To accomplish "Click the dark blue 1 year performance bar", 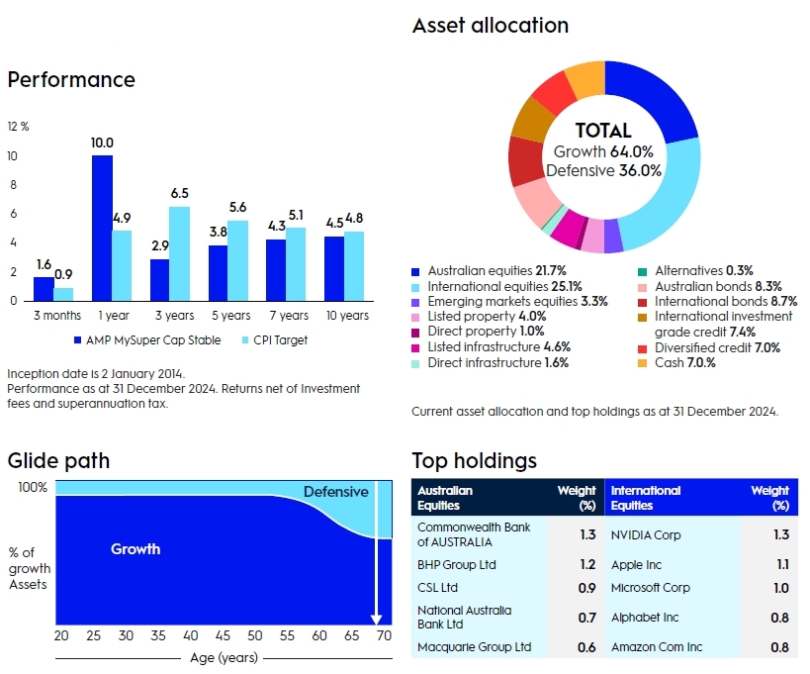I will pyautogui.click(x=102, y=228).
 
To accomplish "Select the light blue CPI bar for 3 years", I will pyautogui.click(x=178, y=252).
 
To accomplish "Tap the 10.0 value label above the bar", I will pyautogui.click(x=102, y=143).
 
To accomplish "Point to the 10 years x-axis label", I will pyautogui.click(x=346, y=316).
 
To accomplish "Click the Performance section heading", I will pyautogui.click(x=71, y=80).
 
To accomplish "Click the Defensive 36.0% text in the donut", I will pyautogui.click(x=603, y=170).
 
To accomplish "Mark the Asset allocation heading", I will pyautogui.click(x=491, y=26).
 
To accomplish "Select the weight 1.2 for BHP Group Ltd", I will pyautogui.click(x=586, y=565).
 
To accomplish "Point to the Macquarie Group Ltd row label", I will pyautogui.click(x=474, y=647).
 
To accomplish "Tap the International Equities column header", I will pyautogui.click(x=646, y=498).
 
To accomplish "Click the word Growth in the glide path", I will pyautogui.click(x=135, y=548).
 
